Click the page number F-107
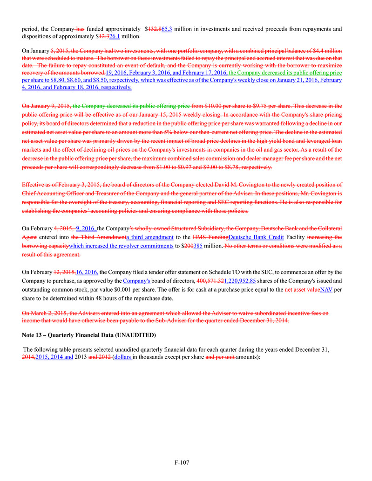(x=185, y=462)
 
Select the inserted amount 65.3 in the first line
(x=165, y=28)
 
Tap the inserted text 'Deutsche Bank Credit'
(x=257, y=237)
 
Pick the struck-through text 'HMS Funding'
(x=210, y=237)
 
